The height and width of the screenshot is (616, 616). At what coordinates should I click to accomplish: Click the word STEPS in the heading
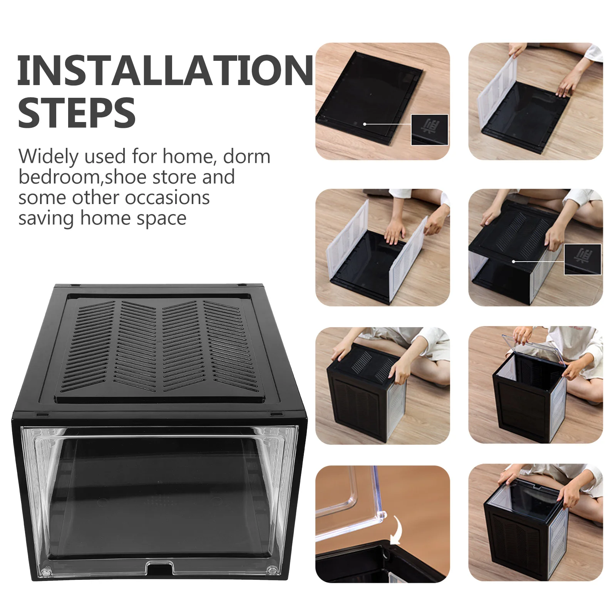point(77,113)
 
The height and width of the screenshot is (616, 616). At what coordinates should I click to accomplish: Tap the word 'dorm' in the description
point(246,156)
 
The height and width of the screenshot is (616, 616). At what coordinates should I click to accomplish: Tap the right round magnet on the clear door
point(273,570)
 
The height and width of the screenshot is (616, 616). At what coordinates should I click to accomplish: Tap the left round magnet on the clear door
point(45,572)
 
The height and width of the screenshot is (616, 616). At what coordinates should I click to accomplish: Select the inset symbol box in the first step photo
point(430,130)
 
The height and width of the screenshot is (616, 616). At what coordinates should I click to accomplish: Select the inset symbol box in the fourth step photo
point(583,259)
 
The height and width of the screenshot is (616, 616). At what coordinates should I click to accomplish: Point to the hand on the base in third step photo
point(394,231)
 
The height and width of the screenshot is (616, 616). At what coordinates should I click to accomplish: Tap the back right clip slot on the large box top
point(242,285)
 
